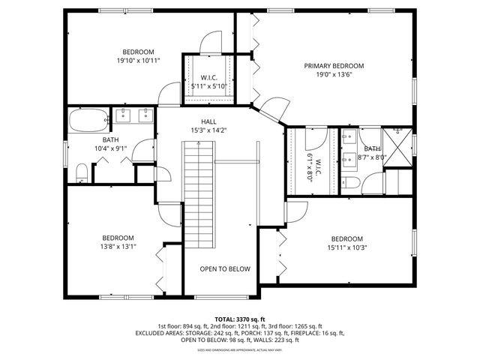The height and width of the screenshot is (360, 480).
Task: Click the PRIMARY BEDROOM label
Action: pos(334,66)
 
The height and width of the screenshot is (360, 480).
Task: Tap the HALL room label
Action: pos(208,121)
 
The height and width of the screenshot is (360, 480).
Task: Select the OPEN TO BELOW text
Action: pos(225,269)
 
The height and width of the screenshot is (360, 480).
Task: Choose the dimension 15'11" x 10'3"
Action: pos(346,247)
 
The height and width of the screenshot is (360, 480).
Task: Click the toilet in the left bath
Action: pos(82,174)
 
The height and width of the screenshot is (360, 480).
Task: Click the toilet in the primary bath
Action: pos(350,184)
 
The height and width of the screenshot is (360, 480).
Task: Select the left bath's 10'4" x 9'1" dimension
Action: pos(110,148)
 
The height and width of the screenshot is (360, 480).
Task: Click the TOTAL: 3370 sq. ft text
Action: pos(239,319)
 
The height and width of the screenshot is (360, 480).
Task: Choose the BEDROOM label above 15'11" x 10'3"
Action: pos(346,238)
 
